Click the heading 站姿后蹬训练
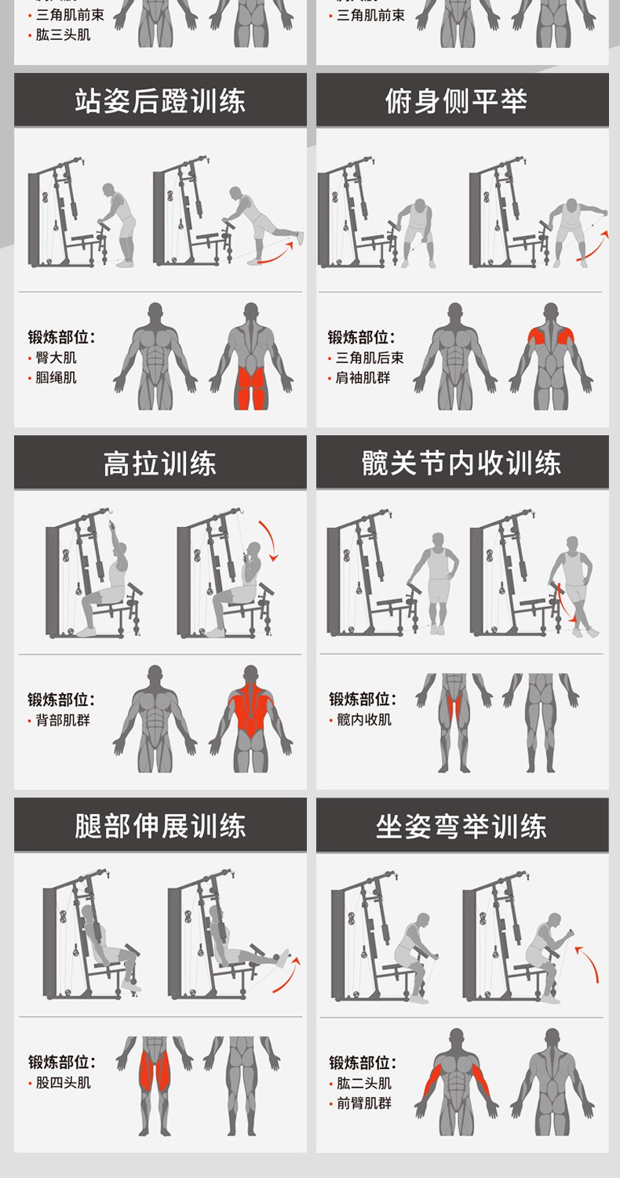tap(160, 101)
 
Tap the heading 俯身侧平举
tap(456, 101)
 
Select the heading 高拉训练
tap(160, 464)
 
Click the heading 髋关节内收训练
tap(461, 464)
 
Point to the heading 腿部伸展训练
tap(160, 826)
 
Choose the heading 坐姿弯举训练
tap(461, 827)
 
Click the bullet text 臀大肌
tap(57, 358)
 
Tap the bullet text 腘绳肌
tap(57, 377)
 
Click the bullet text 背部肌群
tap(63, 720)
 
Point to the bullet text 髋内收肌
tap(364, 719)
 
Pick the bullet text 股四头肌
tap(63, 1082)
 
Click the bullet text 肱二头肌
tap(364, 1083)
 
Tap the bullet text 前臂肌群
tap(364, 1103)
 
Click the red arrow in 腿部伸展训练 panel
tap(286, 975)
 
